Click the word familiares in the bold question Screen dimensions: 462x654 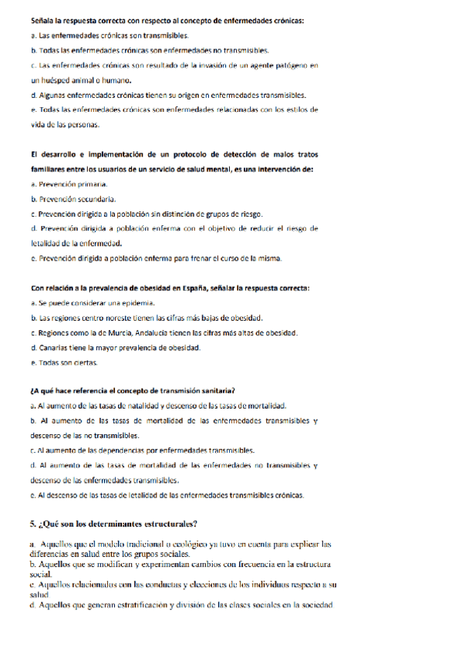pos(49,169)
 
